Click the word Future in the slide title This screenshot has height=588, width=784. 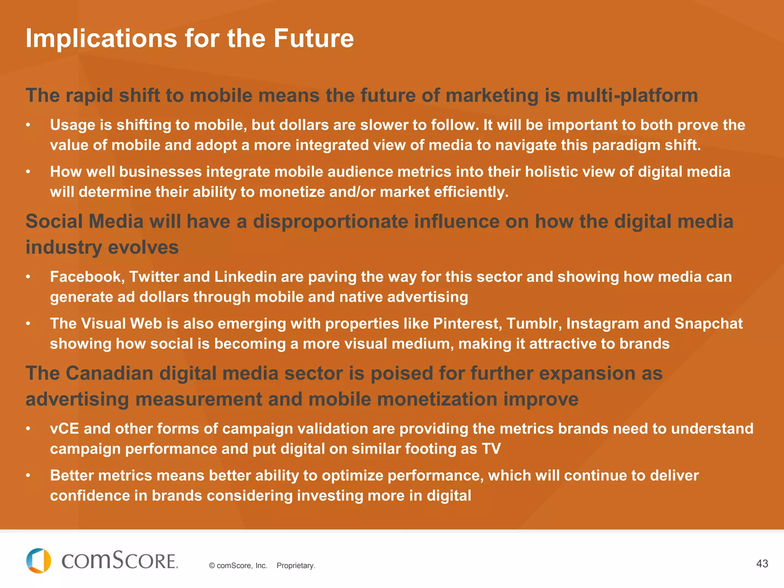pyautogui.click(x=313, y=39)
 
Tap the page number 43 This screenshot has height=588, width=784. pyautogui.click(x=762, y=563)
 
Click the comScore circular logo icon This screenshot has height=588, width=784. pyautogui.click(x=39, y=561)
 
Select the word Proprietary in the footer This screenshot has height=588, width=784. pyautogui.click(x=296, y=566)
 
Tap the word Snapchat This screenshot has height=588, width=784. pyautogui.click(x=708, y=324)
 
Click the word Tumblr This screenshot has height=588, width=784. pyautogui.click(x=534, y=324)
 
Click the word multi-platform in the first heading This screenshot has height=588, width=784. pyautogui.click(x=632, y=96)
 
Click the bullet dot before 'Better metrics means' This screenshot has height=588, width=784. pyautogui.click(x=28, y=476)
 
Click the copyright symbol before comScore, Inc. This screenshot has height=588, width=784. pyautogui.click(x=212, y=566)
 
